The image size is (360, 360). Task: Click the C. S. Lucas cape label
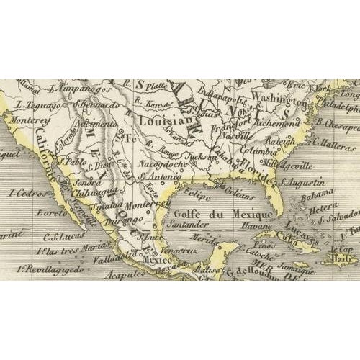(61, 233)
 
